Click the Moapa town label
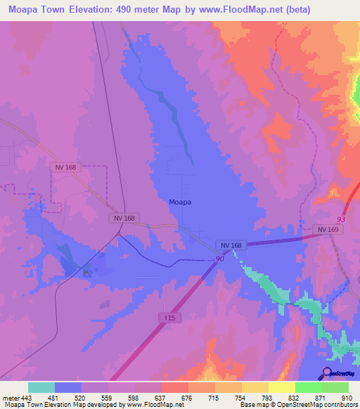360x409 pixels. tap(181, 202)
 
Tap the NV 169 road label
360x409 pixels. tap(327, 229)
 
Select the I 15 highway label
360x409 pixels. tap(169, 318)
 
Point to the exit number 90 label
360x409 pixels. tap(219, 260)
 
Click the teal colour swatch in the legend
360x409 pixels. tap(41, 387)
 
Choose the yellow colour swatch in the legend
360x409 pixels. tap(281, 387)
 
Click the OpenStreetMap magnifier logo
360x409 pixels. tap(327, 373)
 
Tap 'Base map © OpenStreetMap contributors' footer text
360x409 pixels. tap(297, 405)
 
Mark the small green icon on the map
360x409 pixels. tap(86, 273)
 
